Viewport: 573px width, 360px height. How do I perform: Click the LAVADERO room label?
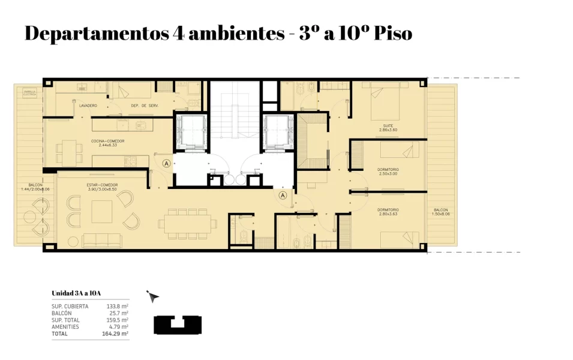point(88,106)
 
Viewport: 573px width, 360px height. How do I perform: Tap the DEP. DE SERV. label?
point(143,106)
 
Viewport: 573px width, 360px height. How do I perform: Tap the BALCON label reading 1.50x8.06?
point(441,212)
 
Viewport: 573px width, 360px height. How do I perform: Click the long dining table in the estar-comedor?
point(187,224)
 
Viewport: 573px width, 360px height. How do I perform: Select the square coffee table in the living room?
point(101,211)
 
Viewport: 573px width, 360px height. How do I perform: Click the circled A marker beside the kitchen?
point(166,163)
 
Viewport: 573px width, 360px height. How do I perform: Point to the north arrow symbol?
point(153,296)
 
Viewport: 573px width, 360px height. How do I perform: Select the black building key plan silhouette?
point(178,325)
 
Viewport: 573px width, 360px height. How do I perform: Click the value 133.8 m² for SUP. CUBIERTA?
point(117,307)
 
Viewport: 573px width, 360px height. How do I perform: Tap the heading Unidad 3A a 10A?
point(76,293)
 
